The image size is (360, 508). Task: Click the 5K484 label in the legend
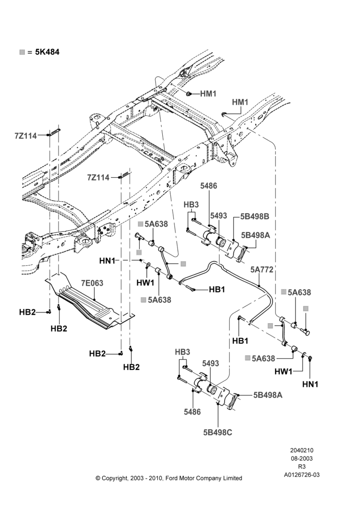coord(47,52)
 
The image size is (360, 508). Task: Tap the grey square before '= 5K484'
coord(22,52)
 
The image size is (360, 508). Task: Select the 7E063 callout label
coord(92,283)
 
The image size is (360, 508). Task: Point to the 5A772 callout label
coord(262,270)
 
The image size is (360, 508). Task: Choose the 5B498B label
coord(255,216)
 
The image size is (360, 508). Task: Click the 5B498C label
coord(218,432)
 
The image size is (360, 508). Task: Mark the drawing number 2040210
coord(302,450)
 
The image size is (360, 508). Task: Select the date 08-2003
coord(302,458)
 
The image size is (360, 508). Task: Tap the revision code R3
coord(302,467)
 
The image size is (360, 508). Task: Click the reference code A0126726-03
coord(302,475)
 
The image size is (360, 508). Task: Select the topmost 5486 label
coord(208,186)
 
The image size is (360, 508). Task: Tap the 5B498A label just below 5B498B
coord(255,235)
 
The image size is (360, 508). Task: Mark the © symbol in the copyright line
coord(98,478)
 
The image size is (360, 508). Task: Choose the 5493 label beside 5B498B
coord(218,216)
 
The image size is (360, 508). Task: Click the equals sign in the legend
coord(30,52)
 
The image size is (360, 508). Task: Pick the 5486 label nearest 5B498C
coord(192,412)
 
